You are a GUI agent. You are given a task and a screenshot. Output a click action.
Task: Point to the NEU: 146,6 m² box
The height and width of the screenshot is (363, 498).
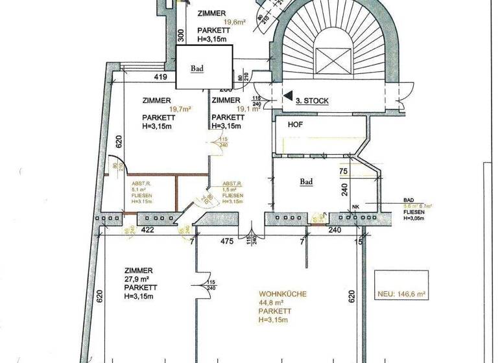[x=401, y=294]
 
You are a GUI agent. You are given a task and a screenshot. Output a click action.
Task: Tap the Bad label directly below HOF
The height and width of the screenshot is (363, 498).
[x=306, y=182]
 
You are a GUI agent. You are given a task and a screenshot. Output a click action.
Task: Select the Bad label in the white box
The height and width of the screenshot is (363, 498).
[x=198, y=67]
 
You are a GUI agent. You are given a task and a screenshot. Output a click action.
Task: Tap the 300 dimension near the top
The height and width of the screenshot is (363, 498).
[x=182, y=35]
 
